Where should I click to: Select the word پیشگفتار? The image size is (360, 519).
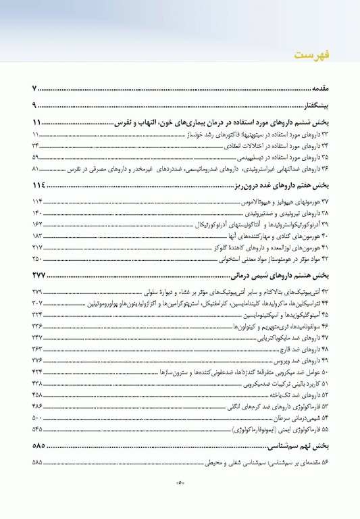[x=313, y=105]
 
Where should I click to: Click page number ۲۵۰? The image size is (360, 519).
[x=37, y=258]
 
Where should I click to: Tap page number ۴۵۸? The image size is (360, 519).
[x=37, y=394]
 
